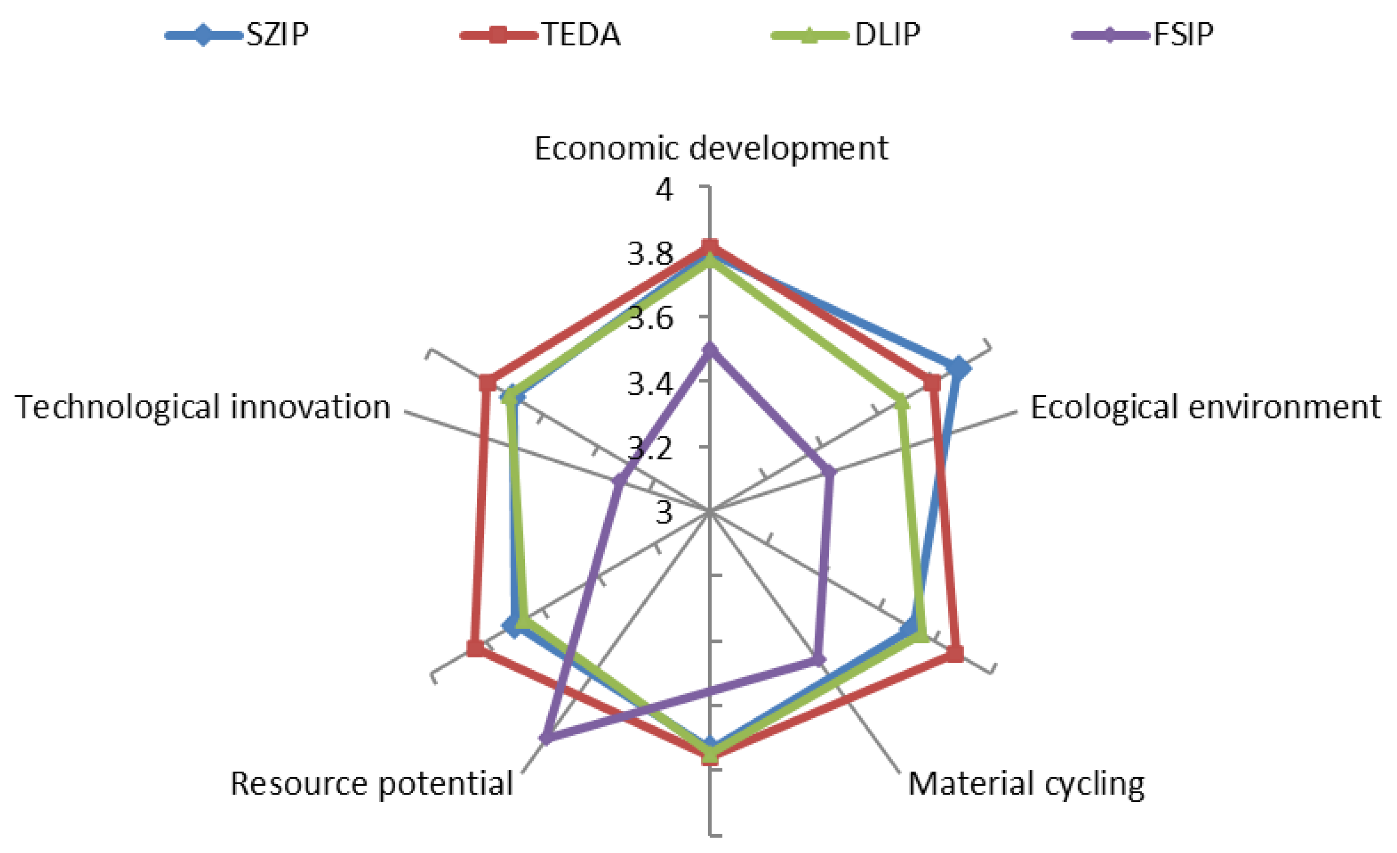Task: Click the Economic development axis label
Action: [711, 149]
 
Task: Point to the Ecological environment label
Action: [1205, 407]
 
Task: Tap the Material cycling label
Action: [1026, 784]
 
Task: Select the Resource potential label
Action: [371, 784]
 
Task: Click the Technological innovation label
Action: [203, 407]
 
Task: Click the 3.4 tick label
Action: [650, 384]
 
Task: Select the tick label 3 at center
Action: [664, 512]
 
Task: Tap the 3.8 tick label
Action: [650, 254]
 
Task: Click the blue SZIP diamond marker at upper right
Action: [958, 369]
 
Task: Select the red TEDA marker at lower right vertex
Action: [955, 653]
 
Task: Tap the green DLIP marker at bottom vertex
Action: [709, 755]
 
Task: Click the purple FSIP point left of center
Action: [621, 480]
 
